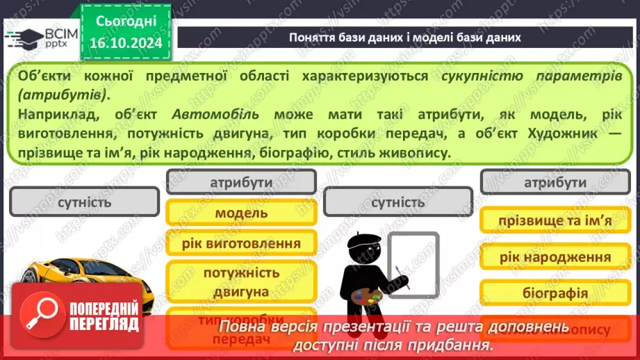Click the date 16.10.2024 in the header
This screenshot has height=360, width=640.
point(125,43)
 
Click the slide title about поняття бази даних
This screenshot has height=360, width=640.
point(404,37)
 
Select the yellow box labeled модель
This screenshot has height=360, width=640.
point(241,213)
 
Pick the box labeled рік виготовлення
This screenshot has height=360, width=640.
point(241,243)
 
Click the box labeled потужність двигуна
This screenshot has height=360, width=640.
point(241,282)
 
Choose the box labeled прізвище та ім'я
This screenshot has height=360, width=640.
point(555,221)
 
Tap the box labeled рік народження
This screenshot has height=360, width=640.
point(555,257)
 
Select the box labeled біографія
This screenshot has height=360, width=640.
point(555,293)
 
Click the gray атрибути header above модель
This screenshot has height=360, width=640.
point(241,182)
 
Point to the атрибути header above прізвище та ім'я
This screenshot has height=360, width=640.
point(555,183)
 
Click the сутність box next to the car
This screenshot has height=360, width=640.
point(85,203)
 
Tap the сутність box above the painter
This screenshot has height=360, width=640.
point(397,203)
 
